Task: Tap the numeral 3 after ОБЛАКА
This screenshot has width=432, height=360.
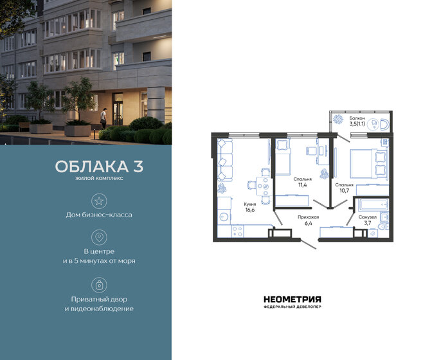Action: click(138, 166)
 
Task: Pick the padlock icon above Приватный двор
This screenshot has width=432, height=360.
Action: click(98, 283)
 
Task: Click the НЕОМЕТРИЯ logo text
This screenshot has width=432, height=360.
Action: click(292, 299)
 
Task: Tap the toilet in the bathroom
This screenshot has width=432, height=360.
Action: click(384, 218)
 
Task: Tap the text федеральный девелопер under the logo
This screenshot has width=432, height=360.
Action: click(292, 307)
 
